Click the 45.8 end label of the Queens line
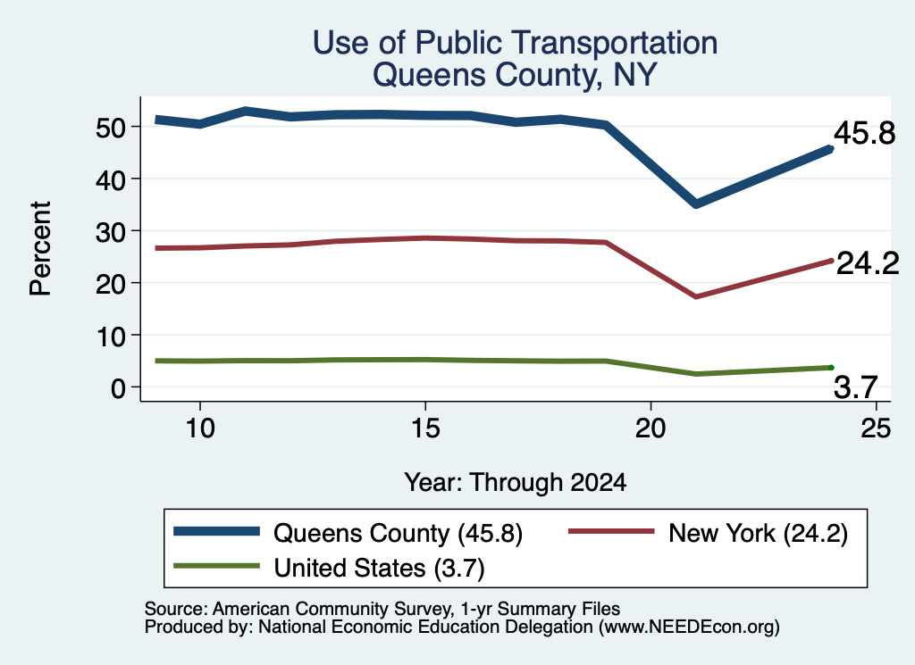[864, 133]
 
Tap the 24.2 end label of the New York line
[868, 263]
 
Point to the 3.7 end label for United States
[855, 387]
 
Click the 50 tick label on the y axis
[111, 127]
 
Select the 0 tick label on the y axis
[119, 387]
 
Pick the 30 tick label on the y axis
[111, 231]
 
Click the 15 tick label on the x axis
[425, 428]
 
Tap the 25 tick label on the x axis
[876, 428]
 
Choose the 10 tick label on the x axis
[200, 428]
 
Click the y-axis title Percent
[40, 249]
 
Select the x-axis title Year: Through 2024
[516, 483]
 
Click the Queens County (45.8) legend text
[398, 533]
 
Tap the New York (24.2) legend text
[758, 533]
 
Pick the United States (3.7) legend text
[379, 568]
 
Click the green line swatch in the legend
[216, 566]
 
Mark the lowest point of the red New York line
[695, 296]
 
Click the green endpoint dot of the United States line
[831, 367]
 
